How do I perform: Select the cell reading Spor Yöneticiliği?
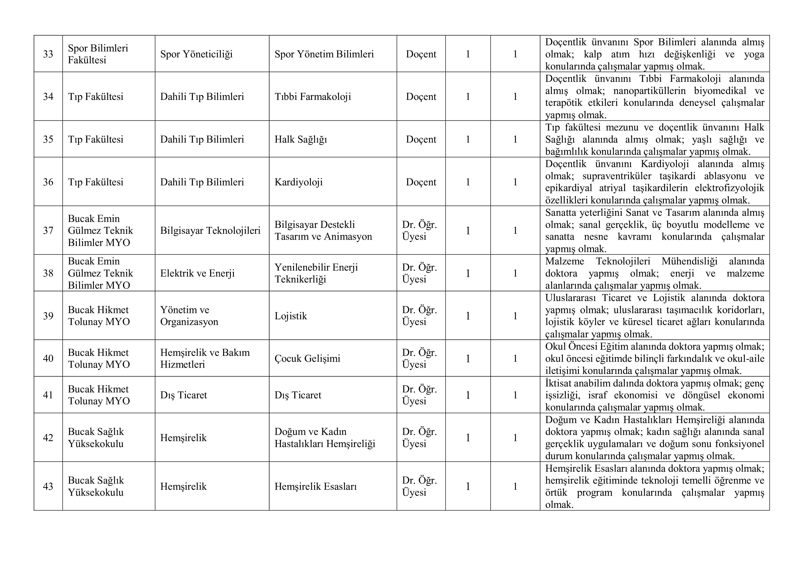click(196, 54)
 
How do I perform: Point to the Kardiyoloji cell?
click(298, 182)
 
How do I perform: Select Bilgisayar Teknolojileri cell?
click(210, 230)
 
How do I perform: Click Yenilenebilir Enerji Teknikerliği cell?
click(316, 273)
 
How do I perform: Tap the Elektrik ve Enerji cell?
click(197, 273)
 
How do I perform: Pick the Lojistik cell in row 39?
click(291, 316)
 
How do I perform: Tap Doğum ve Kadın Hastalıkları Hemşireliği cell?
click(324, 437)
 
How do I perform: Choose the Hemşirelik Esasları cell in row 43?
click(315, 486)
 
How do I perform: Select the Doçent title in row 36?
click(421, 182)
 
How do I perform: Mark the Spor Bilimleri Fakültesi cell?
click(98, 54)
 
